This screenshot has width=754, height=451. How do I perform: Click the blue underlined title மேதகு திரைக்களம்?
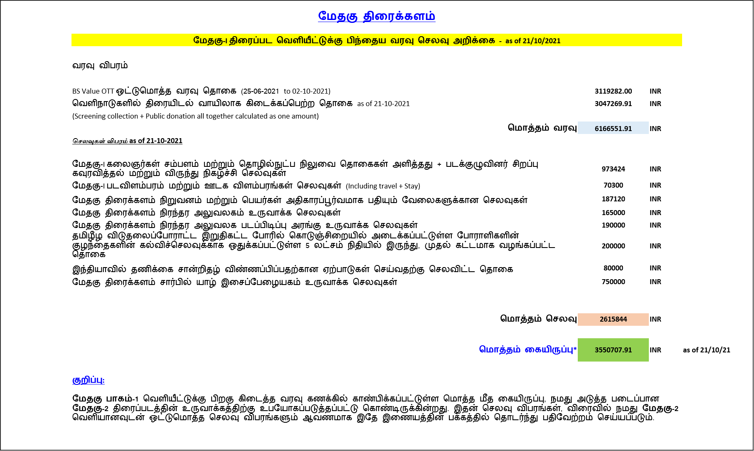coord(377,16)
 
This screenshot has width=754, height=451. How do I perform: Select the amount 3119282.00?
coord(613,91)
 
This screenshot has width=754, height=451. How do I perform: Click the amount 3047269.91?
coord(613,104)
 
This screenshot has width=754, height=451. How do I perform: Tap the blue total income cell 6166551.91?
coord(613,128)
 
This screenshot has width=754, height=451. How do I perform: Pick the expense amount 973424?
coord(614,169)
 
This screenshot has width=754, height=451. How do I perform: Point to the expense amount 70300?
coord(614,185)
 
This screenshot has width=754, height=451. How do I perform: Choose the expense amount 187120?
coord(614,199)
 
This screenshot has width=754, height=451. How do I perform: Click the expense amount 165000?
coord(614,213)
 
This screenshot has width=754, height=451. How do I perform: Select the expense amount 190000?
coord(614,225)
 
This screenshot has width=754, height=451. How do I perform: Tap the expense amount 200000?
coord(614,246)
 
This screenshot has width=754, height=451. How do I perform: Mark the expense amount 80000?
coord(614,268)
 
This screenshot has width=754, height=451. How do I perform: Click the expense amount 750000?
coord(614,282)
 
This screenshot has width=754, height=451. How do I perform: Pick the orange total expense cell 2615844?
coord(613,319)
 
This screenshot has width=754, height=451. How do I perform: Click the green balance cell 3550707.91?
coord(613,350)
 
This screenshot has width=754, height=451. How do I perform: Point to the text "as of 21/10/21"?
coord(707,350)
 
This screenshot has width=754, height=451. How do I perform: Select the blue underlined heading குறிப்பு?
coord(89,380)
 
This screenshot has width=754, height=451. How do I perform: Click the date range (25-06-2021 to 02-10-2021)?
coord(286,91)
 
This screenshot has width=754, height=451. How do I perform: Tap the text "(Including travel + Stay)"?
coord(383,186)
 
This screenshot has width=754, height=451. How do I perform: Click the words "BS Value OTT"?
coord(93,91)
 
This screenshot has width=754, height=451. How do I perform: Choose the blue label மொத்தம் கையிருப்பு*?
coord(528,349)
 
